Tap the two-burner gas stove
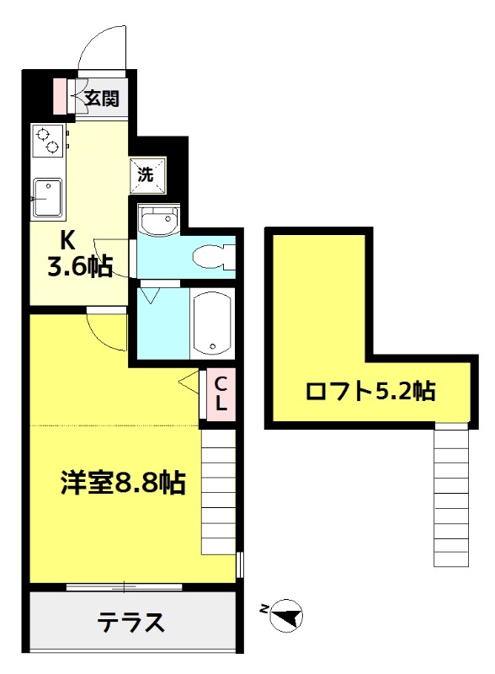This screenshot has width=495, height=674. tap(48, 141)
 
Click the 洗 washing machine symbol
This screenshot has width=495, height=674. tap(146, 174)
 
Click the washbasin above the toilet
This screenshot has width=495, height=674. tap(157, 222)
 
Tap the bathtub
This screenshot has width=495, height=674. tap(212, 324)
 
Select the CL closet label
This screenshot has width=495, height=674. tap(221, 393)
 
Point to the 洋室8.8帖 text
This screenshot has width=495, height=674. tap(122, 484)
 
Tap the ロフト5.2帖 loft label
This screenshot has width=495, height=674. tap(370, 391)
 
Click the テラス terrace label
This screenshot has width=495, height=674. tap(130, 623)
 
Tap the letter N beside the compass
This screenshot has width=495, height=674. tap(265, 608)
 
